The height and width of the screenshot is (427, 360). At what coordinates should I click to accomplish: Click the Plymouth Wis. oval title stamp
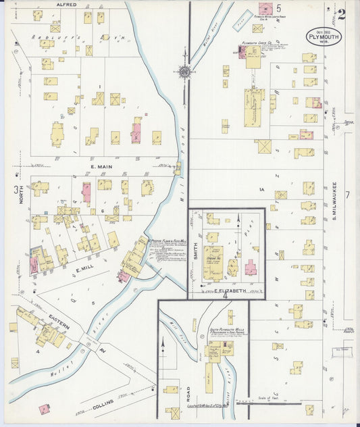pos(324,36)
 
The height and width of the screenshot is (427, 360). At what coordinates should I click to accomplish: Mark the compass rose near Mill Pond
pos(183,70)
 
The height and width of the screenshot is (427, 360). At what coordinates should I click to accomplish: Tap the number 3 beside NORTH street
pos(16,190)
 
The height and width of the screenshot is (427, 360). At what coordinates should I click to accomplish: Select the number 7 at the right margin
pos(347,195)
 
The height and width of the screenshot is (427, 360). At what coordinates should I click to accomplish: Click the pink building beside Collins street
pos(45,409)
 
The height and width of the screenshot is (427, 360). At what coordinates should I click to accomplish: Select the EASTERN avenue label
pos(59,326)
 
